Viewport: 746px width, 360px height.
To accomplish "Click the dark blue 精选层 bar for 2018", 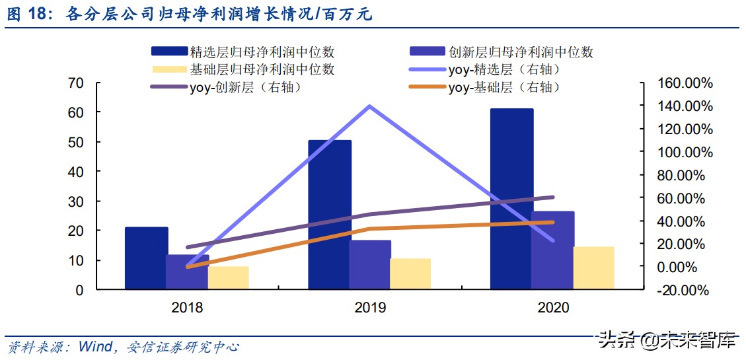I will [x=146, y=258].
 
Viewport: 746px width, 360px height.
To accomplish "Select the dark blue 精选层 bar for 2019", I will [x=330, y=215].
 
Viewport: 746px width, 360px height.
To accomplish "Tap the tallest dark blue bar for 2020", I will [x=511, y=198].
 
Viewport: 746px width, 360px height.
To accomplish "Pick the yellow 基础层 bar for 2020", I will [x=593, y=268].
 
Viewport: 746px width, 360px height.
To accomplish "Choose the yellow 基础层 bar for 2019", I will [x=410, y=273].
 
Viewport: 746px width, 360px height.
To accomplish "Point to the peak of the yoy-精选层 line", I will [x=369, y=106].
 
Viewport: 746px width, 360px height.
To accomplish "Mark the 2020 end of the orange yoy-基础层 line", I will [x=553, y=222].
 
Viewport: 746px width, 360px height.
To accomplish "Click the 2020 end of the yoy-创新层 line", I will [x=553, y=197].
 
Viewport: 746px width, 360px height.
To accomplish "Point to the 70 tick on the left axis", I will [x=75, y=83].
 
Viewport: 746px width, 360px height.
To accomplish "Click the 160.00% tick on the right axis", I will [x=683, y=83].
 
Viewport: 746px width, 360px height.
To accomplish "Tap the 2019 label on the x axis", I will [x=369, y=308].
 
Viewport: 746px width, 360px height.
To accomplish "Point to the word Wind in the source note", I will [x=95, y=346].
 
